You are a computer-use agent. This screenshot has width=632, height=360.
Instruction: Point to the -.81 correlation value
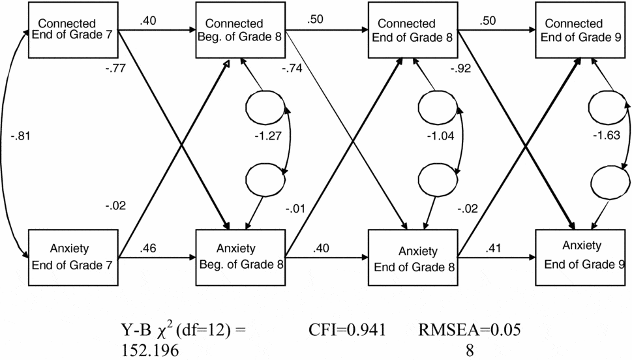20,137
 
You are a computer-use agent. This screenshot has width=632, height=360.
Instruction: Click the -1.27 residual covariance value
267,137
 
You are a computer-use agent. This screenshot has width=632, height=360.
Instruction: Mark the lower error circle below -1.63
605,178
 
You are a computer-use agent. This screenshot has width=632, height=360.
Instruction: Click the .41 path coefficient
493,248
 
